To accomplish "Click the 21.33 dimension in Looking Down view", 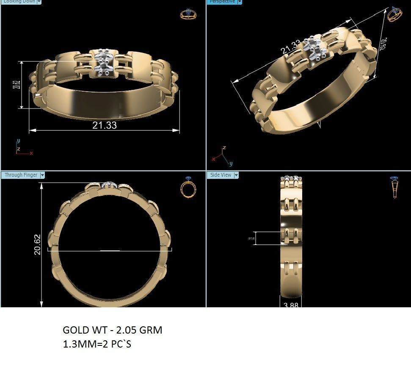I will click(104, 125).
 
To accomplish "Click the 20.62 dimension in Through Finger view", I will click(37, 244).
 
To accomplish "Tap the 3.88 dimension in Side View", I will click(291, 305).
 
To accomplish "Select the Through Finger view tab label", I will click(21, 175).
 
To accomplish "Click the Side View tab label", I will click(221, 175).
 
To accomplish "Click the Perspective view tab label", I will click(222, 2).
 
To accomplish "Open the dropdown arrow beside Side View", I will click(236, 175).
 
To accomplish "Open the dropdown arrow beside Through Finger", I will click(42, 175).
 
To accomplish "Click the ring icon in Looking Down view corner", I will click(188, 14).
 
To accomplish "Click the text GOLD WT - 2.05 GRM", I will click(112, 330).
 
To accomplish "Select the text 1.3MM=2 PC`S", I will click(97, 344).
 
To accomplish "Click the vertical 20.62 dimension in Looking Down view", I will click(16, 85).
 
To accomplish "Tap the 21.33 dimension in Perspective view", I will click(290, 47).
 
